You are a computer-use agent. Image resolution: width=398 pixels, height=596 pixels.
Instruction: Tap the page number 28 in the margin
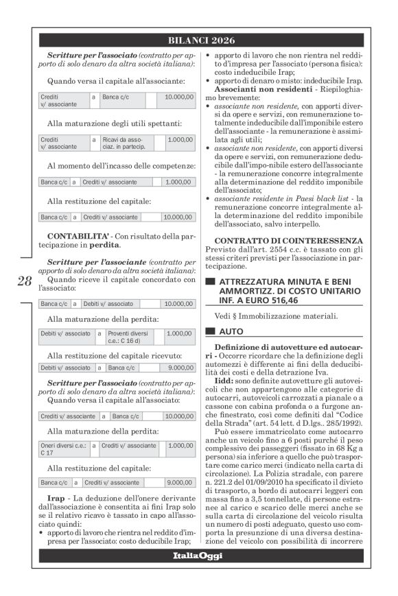(x=24, y=281)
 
